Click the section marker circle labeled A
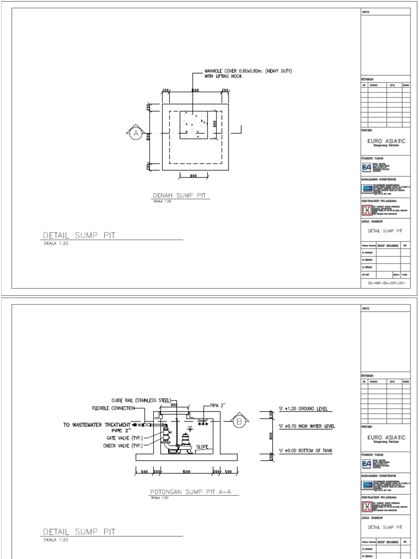pos(135,133)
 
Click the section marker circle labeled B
pos(239,421)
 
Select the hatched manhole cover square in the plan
pos(193,125)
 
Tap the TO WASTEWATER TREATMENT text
pos(97,424)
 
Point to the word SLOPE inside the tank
pos(202,446)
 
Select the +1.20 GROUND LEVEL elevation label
pos(305,409)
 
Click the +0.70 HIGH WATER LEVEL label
pos(306,426)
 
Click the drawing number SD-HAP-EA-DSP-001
pos(385,284)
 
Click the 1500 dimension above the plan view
pos(195,90)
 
